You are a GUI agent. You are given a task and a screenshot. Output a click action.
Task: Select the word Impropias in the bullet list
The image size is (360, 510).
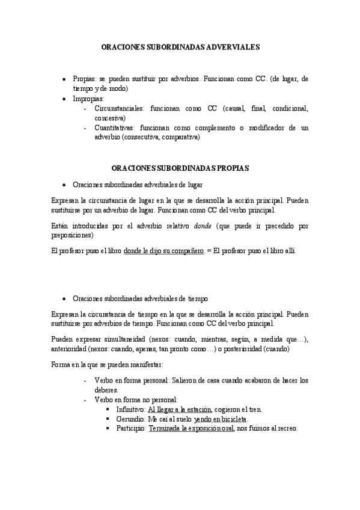pyautogui.click(x=88, y=99)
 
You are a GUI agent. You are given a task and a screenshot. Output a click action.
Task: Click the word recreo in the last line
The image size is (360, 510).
pyautogui.click(x=285, y=428)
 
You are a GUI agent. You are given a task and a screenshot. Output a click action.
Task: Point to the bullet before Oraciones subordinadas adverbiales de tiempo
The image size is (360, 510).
pyautogui.click(x=64, y=298)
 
